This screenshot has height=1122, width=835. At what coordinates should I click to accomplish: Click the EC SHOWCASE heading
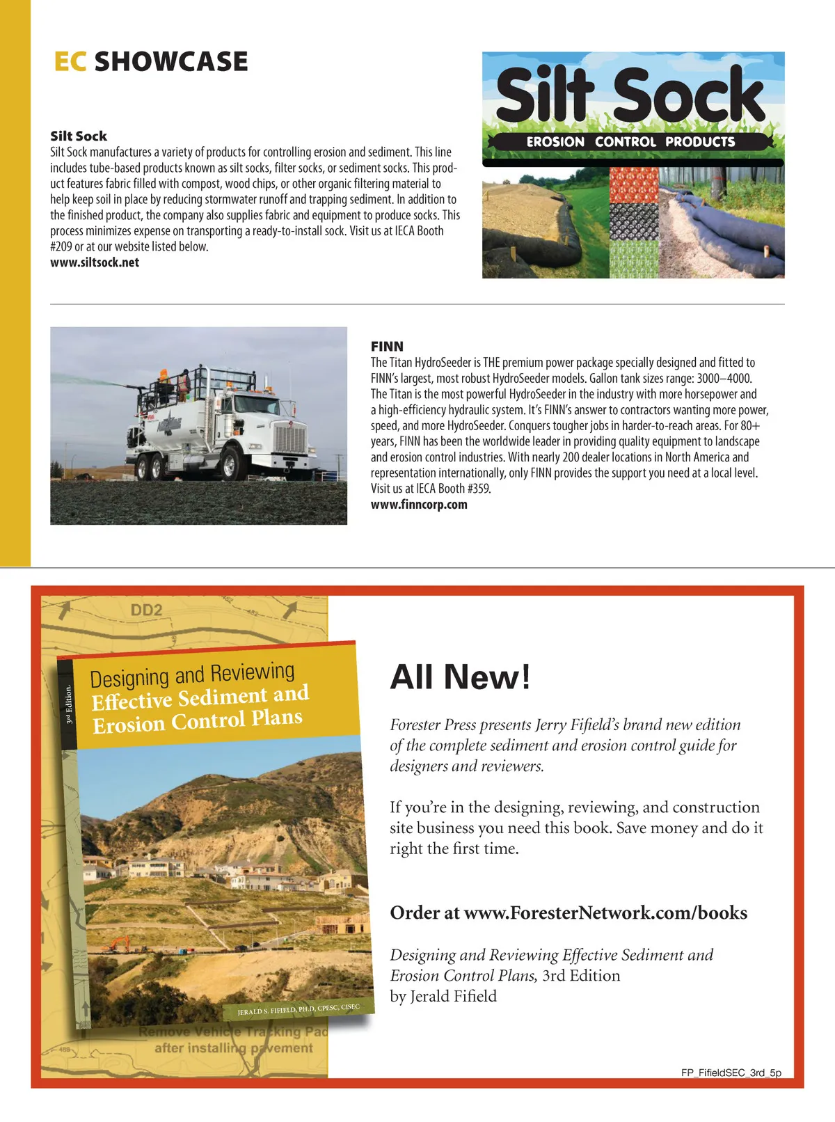tap(150, 62)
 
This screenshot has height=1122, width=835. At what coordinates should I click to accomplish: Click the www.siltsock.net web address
tap(95, 262)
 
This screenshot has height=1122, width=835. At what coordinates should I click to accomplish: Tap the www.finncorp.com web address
tap(419, 505)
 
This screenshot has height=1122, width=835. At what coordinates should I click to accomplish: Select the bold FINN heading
tap(387, 346)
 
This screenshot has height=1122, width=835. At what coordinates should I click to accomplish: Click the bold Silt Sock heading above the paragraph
tap(79, 136)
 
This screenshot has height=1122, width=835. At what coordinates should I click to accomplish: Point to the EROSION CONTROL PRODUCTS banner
tap(630, 142)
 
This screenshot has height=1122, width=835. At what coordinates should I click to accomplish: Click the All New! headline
tap(460, 677)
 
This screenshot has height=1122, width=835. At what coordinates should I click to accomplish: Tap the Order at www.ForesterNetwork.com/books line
tap(568, 912)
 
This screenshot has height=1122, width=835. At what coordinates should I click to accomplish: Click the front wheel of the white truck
tap(230, 461)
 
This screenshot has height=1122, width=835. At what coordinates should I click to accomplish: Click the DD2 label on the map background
tap(146, 610)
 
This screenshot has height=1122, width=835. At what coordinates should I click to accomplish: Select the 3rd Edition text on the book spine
tap(68, 704)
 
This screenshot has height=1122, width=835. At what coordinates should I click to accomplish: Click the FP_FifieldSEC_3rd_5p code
tap(731, 1073)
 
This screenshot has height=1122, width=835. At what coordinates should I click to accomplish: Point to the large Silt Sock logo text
tap(630, 94)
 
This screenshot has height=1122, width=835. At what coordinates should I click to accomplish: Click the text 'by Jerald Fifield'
tap(443, 996)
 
